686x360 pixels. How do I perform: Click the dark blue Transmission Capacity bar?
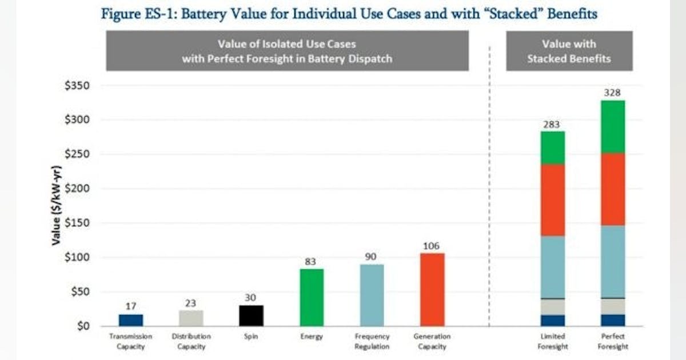click(x=131, y=320)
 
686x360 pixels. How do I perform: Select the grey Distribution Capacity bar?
click(x=192, y=318)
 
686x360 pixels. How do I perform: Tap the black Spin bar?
click(x=252, y=315)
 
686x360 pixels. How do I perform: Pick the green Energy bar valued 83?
click(x=312, y=297)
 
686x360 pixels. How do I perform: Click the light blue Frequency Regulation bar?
click(x=372, y=295)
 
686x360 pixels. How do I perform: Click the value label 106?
click(x=432, y=246)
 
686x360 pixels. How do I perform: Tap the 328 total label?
click(x=612, y=93)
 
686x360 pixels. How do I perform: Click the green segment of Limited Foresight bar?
click(x=552, y=148)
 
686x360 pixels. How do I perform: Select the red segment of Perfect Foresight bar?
click(x=612, y=189)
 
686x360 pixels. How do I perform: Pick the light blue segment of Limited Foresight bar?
click(x=552, y=267)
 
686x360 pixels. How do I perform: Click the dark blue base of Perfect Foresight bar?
click(x=612, y=320)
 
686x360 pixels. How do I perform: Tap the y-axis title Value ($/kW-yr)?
click(x=56, y=206)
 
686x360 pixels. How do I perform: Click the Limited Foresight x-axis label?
click(x=552, y=342)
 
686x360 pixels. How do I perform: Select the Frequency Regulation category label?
click(x=372, y=342)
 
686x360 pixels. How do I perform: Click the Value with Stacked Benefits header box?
click(x=569, y=51)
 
